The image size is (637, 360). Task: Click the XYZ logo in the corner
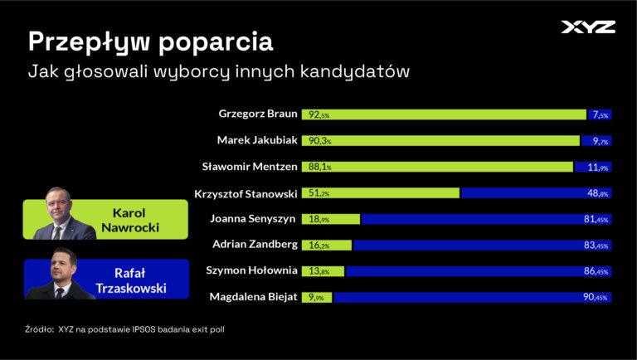[588, 27]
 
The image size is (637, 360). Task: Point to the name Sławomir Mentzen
[250, 166]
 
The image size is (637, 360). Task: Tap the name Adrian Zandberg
[254, 245]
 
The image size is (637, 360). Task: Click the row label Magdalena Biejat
[251, 296]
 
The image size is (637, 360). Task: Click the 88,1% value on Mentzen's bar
[319, 167]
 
